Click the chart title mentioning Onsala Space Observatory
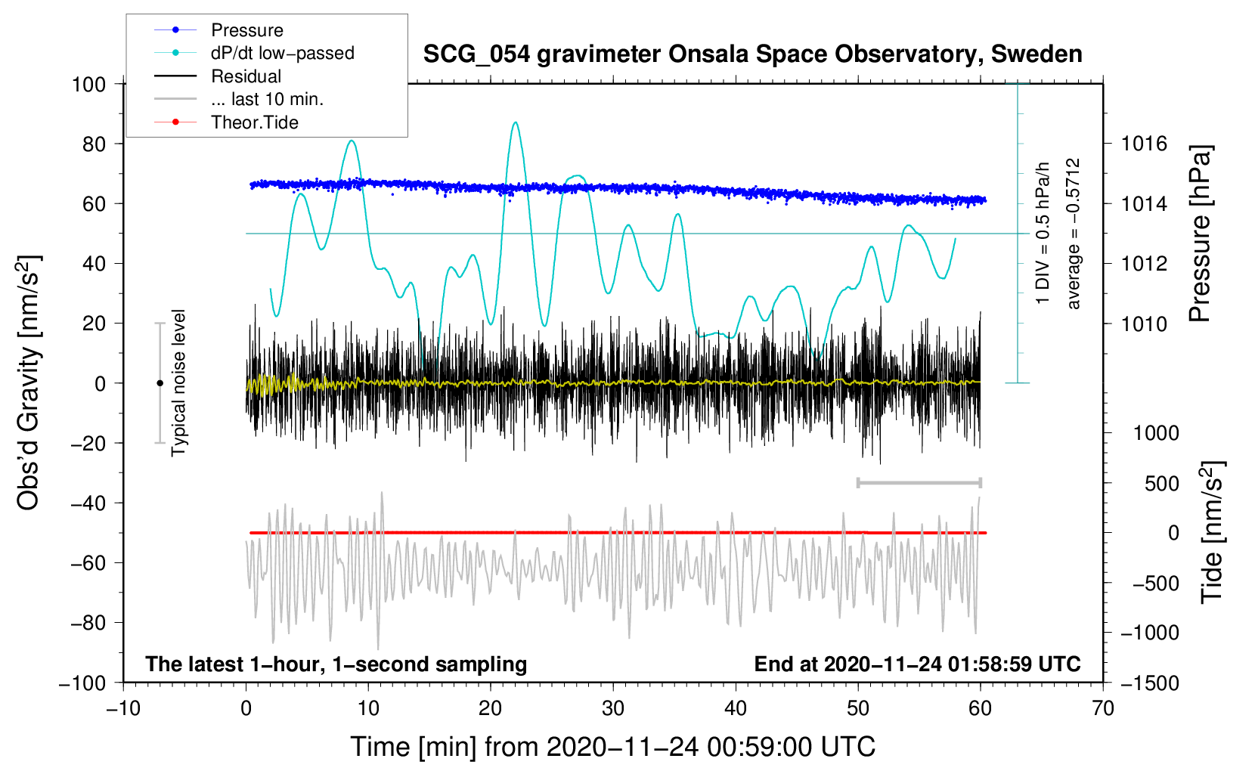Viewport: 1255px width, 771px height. (x=752, y=54)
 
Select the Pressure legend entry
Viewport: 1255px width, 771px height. (x=219, y=29)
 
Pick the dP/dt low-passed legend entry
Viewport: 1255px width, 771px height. (x=254, y=53)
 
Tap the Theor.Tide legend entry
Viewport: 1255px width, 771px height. (x=226, y=122)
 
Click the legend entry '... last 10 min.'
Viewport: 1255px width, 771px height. (x=239, y=99)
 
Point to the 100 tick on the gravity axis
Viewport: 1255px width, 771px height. (x=89, y=85)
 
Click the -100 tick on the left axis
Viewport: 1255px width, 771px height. (x=82, y=683)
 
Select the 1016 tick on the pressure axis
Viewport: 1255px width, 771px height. (x=1144, y=144)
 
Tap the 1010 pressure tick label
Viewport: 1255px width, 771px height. (x=1144, y=324)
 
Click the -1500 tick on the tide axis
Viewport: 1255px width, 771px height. (x=1149, y=683)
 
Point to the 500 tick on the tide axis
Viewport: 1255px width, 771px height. (x=1161, y=484)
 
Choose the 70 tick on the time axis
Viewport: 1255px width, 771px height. (x=1102, y=709)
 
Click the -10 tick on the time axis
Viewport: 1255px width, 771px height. (x=123, y=709)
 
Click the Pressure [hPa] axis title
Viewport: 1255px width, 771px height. (x=1200, y=234)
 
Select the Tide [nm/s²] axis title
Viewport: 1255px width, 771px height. (x=1212, y=533)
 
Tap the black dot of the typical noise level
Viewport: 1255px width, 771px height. (x=160, y=383)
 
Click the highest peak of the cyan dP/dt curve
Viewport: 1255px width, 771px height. (x=516, y=122)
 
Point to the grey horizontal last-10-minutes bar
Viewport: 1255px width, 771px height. (x=919, y=483)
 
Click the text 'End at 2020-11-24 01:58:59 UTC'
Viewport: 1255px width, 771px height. (x=917, y=664)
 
